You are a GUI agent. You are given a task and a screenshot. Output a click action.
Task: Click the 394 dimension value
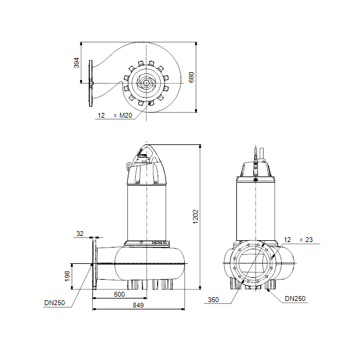point(76,62)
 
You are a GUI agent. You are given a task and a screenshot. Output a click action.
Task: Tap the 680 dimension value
point(192,77)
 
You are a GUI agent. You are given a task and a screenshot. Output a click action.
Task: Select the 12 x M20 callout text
point(115,115)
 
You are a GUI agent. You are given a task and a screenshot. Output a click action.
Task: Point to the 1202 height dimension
point(196,217)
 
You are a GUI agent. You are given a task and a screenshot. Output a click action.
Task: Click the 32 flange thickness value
point(80,234)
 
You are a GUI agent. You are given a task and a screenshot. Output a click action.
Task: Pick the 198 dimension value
point(67,276)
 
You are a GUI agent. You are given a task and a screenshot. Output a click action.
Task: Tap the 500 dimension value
point(119,294)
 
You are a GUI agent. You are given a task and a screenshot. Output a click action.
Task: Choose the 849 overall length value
point(138,305)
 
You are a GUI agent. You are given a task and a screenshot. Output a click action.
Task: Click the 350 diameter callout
point(213,300)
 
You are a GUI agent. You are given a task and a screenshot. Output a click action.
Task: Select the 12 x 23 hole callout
point(298,240)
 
